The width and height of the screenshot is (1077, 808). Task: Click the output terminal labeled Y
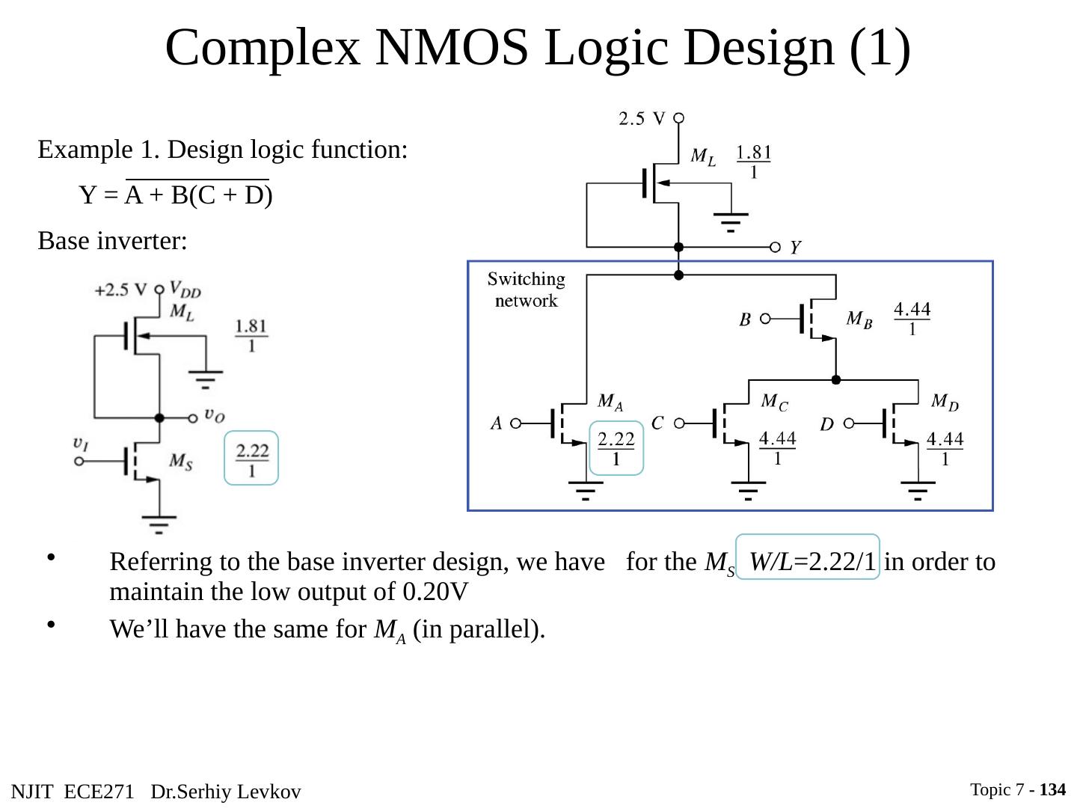pos(775,247)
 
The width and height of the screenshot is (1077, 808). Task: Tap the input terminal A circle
pos(515,423)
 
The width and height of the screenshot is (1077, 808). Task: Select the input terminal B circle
pos(765,319)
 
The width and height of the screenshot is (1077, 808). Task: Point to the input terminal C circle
pos(679,423)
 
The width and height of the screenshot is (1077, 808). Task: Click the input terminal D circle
pos(849,423)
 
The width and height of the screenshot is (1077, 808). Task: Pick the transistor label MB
pos(859,319)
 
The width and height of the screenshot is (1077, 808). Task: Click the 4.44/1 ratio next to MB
pos(912,319)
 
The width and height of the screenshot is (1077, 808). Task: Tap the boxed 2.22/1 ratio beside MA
pos(616,448)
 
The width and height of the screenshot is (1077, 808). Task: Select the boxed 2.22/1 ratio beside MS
pos(251,458)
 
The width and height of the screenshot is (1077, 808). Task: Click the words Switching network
pos(526,290)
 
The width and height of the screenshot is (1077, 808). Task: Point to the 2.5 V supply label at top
pos(641,118)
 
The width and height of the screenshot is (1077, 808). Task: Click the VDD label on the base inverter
pos(185,289)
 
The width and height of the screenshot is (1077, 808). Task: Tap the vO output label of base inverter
pos(215,416)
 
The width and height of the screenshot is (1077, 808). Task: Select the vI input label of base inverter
pos(81,444)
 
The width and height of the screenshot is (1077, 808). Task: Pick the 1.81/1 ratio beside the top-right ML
pos(754,162)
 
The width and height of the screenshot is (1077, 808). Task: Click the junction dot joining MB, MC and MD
pos(836,380)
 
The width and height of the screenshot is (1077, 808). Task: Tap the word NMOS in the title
pos(452,48)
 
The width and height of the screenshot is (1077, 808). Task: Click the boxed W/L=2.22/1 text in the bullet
pos(808,557)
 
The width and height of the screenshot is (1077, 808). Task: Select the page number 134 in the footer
pos(1052,789)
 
